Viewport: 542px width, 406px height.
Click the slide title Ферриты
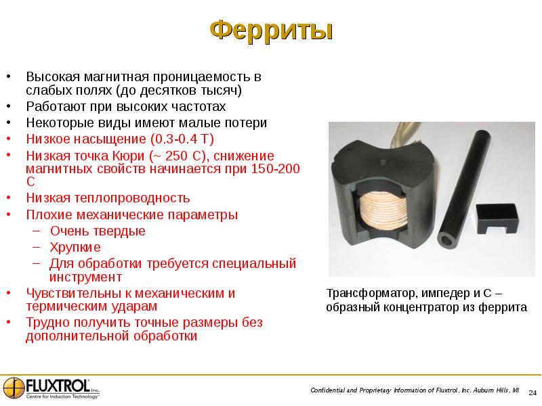point(271,30)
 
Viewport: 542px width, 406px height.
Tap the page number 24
point(532,392)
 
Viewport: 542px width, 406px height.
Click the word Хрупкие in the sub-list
point(75,247)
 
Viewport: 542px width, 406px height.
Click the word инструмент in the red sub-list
point(85,277)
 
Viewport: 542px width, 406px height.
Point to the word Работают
point(58,107)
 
